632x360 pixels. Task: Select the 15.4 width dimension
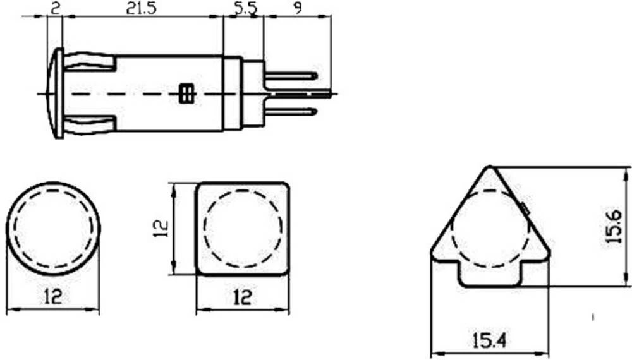coord(490,341)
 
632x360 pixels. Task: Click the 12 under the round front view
coord(53,296)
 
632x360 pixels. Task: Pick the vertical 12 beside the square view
coord(161,229)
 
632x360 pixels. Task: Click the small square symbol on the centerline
coord(186,93)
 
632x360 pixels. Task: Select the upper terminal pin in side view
coord(291,76)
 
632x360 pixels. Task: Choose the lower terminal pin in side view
coord(291,112)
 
